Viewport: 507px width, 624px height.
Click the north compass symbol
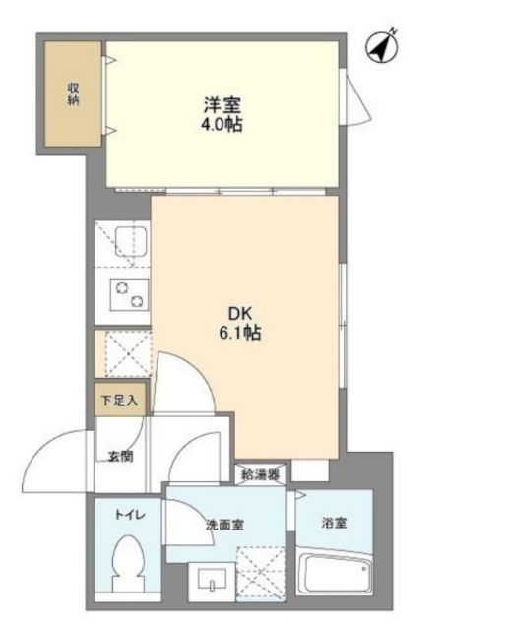coord(382,47)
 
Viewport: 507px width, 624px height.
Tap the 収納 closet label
coord(73,94)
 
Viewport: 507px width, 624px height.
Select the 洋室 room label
coord(222,105)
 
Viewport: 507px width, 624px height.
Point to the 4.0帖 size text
coord(222,125)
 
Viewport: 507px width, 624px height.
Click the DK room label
coord(240,314)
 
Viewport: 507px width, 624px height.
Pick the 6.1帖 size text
coord(240,333)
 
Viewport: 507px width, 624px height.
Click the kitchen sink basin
coord(131,242)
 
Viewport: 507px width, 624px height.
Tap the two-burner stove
coord(129,295)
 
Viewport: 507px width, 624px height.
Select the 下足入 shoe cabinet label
coord(119,400)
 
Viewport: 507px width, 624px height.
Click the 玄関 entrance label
coord(120,456)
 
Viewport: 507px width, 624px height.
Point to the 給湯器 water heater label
coord(261,474)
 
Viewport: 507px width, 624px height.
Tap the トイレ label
coord(130,515)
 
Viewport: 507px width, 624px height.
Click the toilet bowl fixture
coord(128,563)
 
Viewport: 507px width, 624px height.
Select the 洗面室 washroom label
coord(224,525)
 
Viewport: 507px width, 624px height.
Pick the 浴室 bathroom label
coord(335,523)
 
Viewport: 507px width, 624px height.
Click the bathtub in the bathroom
coord(335,574)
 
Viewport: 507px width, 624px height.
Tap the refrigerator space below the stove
coord(128,353)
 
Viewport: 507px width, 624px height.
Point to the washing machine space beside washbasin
coord(261,574)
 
